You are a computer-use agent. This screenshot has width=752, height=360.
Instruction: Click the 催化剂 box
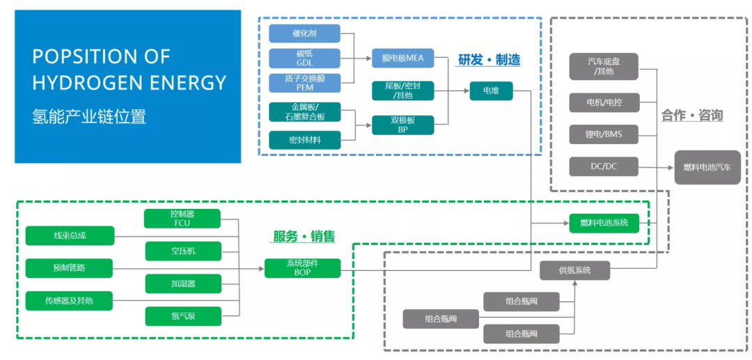pyautogui.click(x=304, y=33)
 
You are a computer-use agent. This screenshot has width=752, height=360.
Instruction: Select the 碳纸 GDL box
pyautogui.click(x=304, y=58)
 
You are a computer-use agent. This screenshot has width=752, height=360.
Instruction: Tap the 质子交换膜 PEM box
pyautogui.click(x=304, y=83)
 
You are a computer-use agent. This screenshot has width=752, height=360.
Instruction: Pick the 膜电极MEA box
pyautogui.click(x=402, y=58)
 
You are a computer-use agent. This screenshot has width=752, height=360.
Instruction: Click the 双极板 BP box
pyautogui.click(x=402, y=125)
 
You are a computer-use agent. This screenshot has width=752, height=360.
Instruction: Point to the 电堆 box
pyautogui.click(x=490, y=91)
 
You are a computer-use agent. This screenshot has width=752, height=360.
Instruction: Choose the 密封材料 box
pyautogui.click(x=304, y=140)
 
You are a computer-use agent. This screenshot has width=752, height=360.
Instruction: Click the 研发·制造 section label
pyautogui.click(x=489, y=60)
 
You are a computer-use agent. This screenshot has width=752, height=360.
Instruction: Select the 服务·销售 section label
pyautogui.click(x=304, y=237)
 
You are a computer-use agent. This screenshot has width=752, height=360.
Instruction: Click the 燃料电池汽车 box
pyautogui.click(x=707, y=167)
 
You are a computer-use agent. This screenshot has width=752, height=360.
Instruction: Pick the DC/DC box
pyautogui.click(x=603, y=166)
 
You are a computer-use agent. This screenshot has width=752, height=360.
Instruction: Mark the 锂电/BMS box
pyautogui.click(x=603, y=134)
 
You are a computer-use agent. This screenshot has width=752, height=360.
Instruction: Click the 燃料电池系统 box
pyautogui.click(x=603, y=223)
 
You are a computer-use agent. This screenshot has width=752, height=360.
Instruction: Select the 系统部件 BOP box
pyautogui.click(x=303, y=268)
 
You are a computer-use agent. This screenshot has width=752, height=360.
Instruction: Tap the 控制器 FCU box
pyautogui.click(x=182, y=219)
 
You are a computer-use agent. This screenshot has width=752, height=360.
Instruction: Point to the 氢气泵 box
pyautogui.click(x=182, y=316)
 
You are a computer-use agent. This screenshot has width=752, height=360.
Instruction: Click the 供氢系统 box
pyautogui.click(x=574, y=270)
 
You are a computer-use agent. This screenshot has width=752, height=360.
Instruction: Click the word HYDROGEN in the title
pyautogui.click(x=88, y=83)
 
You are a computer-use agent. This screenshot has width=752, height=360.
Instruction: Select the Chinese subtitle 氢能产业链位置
pyautogui.click(x=89, y=116)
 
